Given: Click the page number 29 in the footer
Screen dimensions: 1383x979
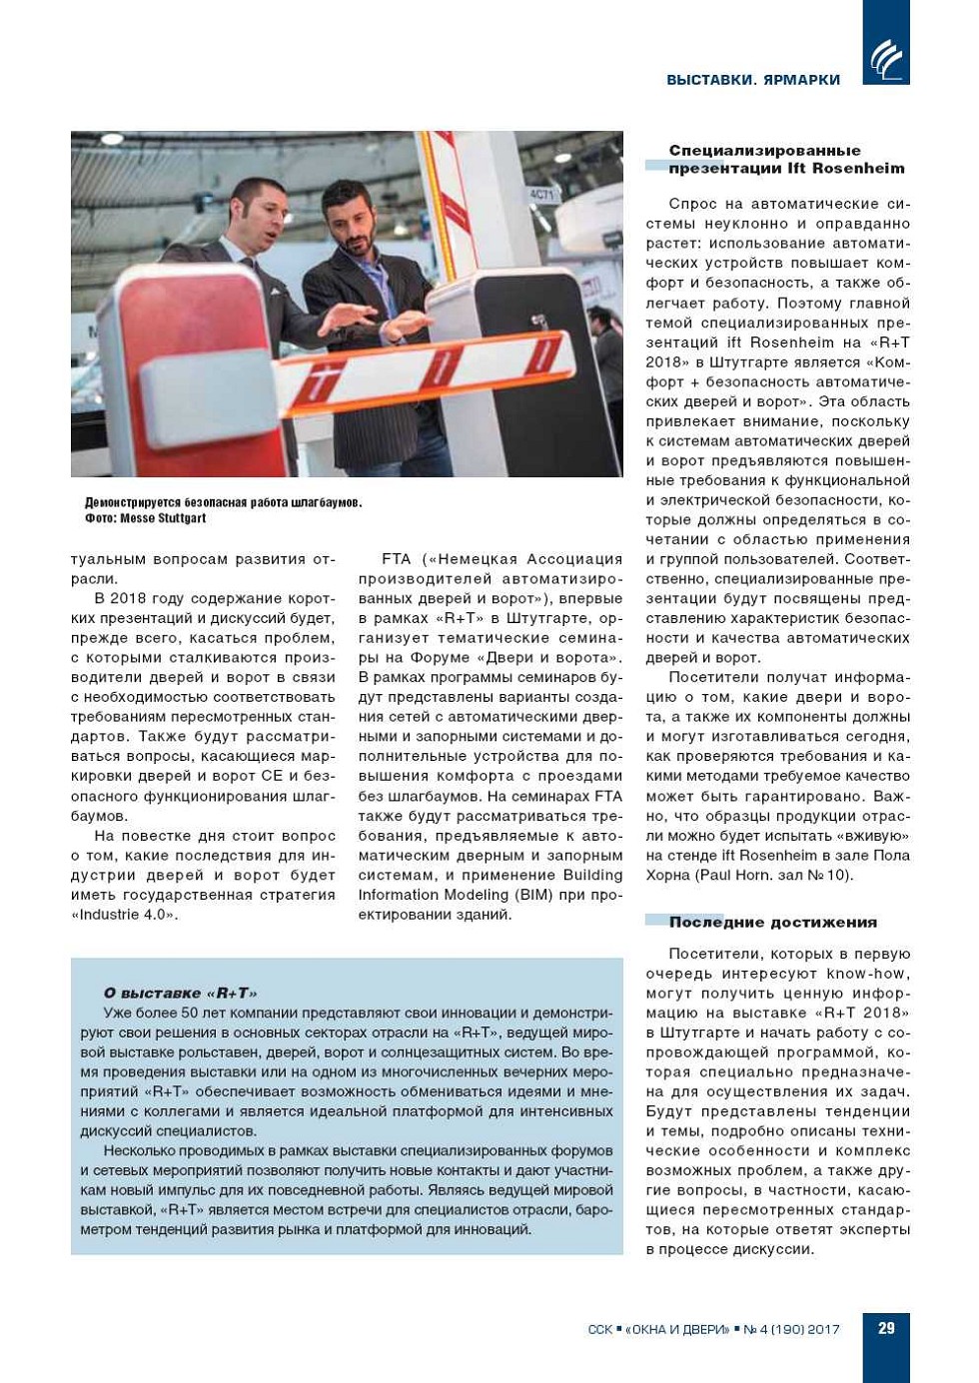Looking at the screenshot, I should coord(886,1328).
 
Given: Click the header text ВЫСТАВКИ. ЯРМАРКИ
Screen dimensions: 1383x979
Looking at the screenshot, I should coord(753,80).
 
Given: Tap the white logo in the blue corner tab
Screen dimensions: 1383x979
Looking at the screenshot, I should coord(886,59).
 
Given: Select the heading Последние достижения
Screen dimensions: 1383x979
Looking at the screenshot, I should coord(772,922).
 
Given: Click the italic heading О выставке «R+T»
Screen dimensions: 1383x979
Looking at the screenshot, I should coord(180,993).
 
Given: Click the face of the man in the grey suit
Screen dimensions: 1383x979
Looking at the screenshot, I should coord(263,211).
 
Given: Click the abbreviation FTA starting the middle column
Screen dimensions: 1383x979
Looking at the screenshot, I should coord(397,559).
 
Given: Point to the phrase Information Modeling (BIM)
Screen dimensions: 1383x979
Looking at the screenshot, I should coord(450,895).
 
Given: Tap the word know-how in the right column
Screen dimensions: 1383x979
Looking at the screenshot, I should coord(872,974).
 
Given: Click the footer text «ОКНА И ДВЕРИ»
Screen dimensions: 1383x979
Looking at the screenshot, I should coord(678,1329).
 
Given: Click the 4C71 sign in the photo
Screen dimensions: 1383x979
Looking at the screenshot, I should coord(541,194).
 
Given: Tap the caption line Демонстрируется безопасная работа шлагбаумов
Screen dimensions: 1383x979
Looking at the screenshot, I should coord(223,502).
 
